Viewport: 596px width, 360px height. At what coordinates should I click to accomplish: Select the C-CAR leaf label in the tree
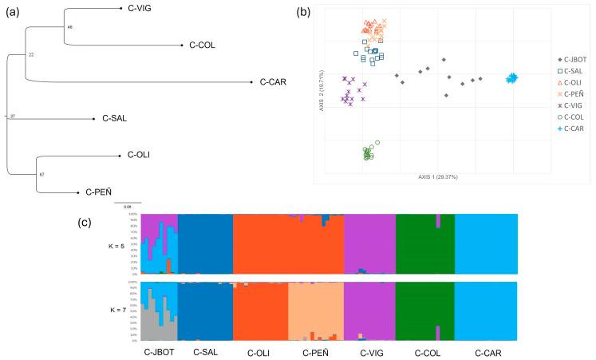point(273,81)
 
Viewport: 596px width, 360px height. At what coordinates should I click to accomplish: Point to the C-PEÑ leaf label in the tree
point(100,192)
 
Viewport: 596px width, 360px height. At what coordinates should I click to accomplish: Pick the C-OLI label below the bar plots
point(260,351)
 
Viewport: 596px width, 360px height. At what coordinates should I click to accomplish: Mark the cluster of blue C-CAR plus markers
point(512,77)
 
